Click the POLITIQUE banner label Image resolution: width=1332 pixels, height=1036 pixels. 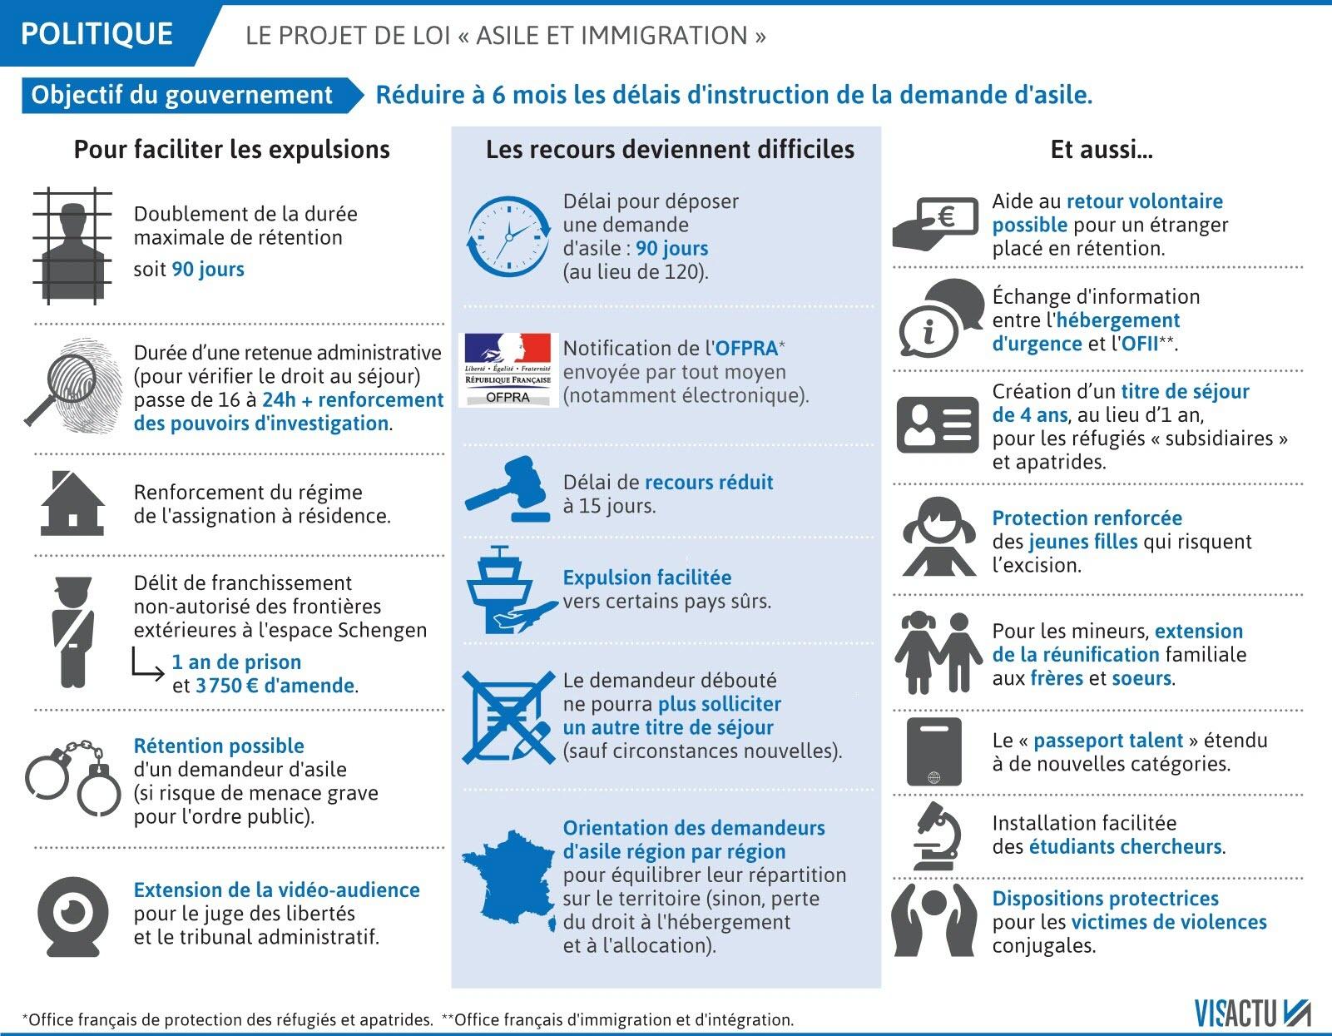click(97, 33)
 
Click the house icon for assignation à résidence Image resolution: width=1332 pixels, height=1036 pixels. click(72, 503)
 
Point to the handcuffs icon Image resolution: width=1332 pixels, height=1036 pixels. click(76, 777)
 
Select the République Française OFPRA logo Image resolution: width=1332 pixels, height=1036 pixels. click(508, 369)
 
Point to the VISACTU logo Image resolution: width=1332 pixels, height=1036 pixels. click(1251, 1014)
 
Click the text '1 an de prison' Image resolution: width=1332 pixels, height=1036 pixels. click(236, 662)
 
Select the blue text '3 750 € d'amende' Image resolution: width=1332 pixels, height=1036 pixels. click(275, 686)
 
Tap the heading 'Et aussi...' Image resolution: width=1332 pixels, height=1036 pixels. click(1101, 150)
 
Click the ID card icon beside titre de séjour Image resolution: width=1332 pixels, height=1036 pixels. click(938, 425)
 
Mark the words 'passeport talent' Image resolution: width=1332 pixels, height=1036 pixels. click(1108, 741)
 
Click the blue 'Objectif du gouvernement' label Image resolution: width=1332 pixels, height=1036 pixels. click(182, 95)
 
